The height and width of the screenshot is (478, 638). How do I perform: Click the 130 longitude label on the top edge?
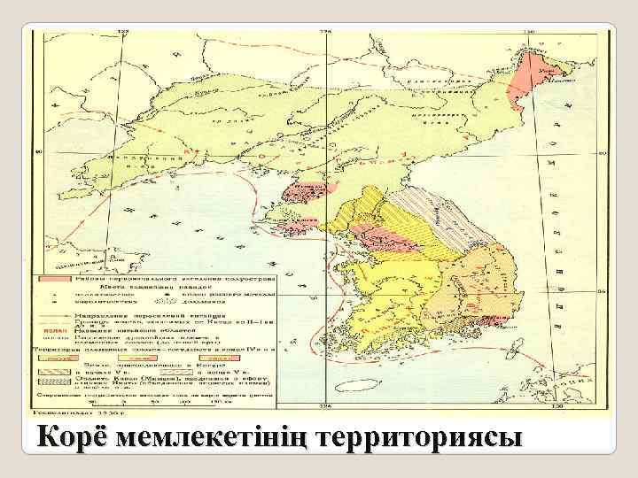(x=529, y=32)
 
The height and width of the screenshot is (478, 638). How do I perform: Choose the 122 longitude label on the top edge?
(x=123, y=32)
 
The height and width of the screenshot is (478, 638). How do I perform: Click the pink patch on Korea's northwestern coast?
(x=306, y=190)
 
